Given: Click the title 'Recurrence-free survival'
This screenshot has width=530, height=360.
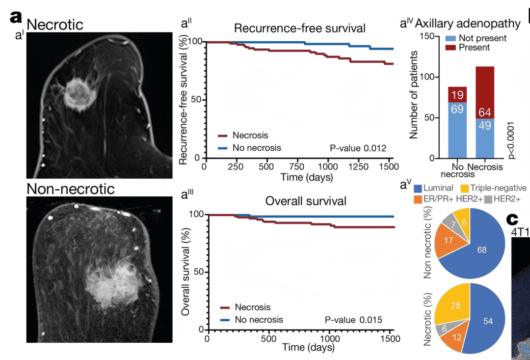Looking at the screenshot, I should tap(299, 28).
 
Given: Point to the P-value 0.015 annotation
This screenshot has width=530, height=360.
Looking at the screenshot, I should tap(353, 320).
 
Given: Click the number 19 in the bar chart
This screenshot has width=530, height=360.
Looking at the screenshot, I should tap(457, 95).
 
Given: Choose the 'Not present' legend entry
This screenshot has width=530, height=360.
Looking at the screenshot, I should tap(475, 38).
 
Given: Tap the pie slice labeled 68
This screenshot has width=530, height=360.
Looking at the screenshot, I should tap(481, 250).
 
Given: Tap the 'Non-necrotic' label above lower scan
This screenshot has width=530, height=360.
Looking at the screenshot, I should tap(70, 189).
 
